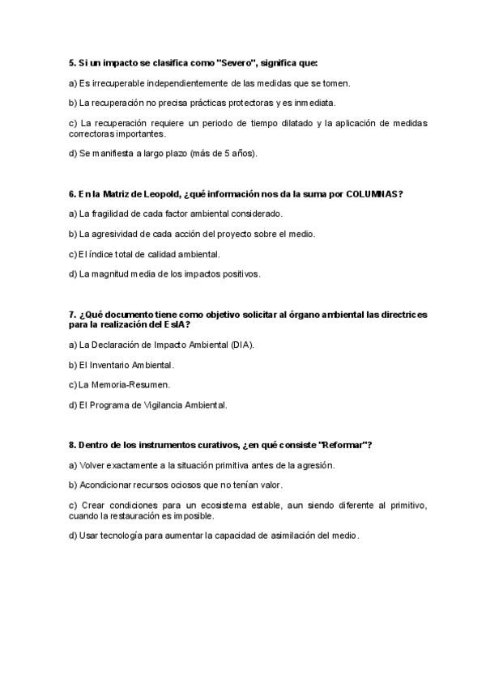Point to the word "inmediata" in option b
click(314, 103)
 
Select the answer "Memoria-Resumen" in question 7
click(119, 384)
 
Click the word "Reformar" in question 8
click(344, 445)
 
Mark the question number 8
click(71, 445)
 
